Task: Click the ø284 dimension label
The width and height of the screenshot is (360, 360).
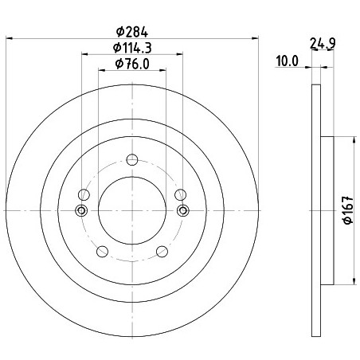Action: (132, 32)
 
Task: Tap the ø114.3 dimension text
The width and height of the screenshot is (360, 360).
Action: (132, 48)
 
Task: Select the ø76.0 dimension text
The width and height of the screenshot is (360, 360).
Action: (132, 64)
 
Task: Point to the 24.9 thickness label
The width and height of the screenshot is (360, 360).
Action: (323, 44)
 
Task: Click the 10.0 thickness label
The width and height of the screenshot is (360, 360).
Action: (288, 61)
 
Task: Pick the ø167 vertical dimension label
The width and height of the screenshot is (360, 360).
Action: (348, 210)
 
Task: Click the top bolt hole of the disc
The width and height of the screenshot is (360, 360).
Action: (132, 159)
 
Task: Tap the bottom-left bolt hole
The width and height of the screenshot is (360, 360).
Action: (102, 251)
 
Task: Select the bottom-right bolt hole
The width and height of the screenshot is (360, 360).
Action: (162, 251)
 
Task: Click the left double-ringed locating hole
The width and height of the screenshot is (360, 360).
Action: (81, 211)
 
